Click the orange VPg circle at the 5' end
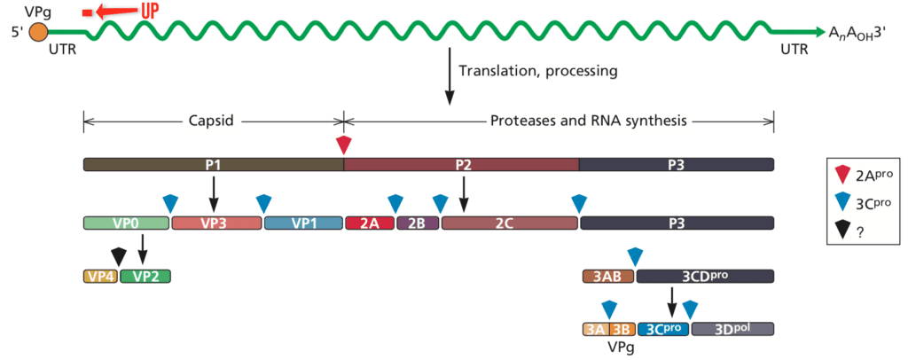[39, 33]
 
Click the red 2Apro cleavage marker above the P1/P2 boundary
[344, 145]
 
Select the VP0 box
[125, 223]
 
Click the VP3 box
[215, 223]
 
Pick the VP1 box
[303, 223]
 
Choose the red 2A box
[370, 223]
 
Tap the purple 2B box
[417, 223]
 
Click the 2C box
[510, 223]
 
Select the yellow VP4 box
[100, 276]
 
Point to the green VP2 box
[145, 276]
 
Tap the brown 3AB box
[607, 276]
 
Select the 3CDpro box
[705, 276]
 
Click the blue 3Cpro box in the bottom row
[662, 329]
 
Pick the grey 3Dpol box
[732, 329]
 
